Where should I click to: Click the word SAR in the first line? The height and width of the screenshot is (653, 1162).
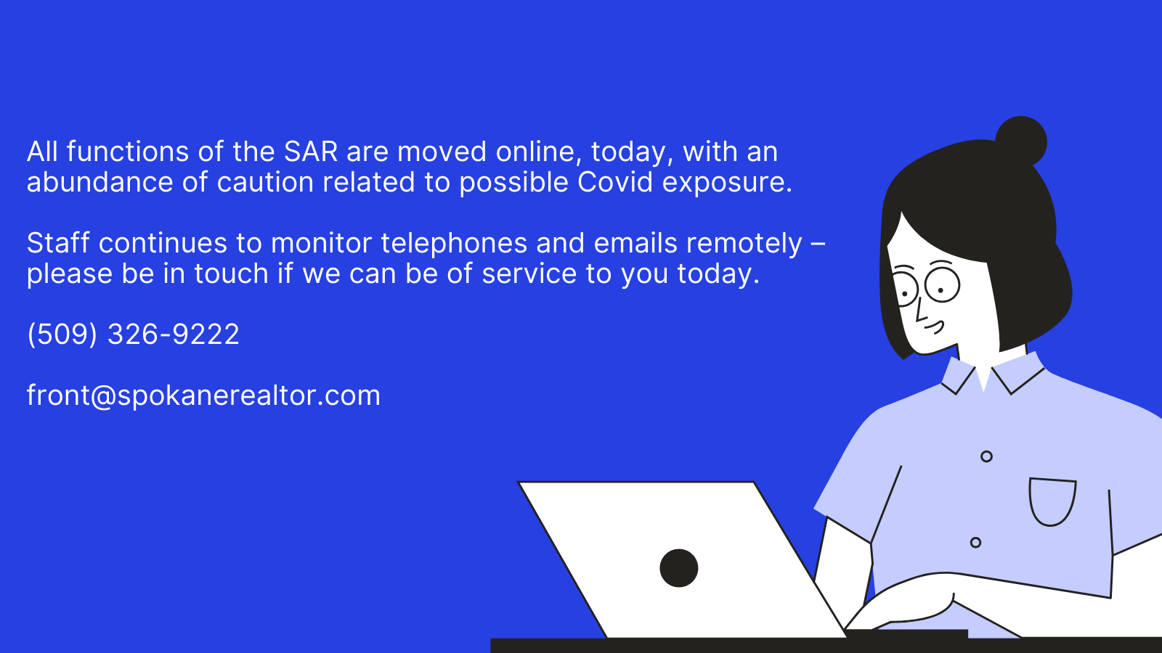click(x=311, y=152)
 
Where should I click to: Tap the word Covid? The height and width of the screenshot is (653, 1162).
click(x=614, y=182)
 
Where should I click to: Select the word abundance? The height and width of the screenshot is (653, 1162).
click(x=99, y=182)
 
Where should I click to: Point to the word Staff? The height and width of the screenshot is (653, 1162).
click(x=58, y=242)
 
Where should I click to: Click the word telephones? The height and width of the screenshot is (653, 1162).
click(x=454, y=244)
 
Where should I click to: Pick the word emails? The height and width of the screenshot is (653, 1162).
click(x=635, y=242)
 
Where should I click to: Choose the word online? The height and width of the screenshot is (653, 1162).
click(x=539, y=152)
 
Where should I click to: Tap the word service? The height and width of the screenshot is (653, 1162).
click(x=529, y=273)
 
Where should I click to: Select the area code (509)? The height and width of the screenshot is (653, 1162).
click(x=62, y=334)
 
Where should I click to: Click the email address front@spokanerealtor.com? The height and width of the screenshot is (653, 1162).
click(x=203, y=396)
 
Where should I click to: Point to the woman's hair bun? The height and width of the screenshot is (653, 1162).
click(x=1021, y=141)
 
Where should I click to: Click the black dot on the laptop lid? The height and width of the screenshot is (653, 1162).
click(x=678, y=568)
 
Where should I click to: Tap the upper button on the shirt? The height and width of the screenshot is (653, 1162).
click(x=987, y=456)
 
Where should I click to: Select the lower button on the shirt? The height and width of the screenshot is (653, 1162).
click(x=975, y=543)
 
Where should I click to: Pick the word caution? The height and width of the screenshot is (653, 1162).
click(x=265, y=182)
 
